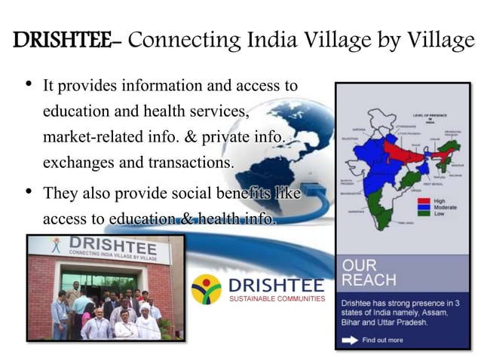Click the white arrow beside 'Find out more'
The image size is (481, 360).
coord(350,340)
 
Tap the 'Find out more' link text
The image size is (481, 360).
coord(383,340)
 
